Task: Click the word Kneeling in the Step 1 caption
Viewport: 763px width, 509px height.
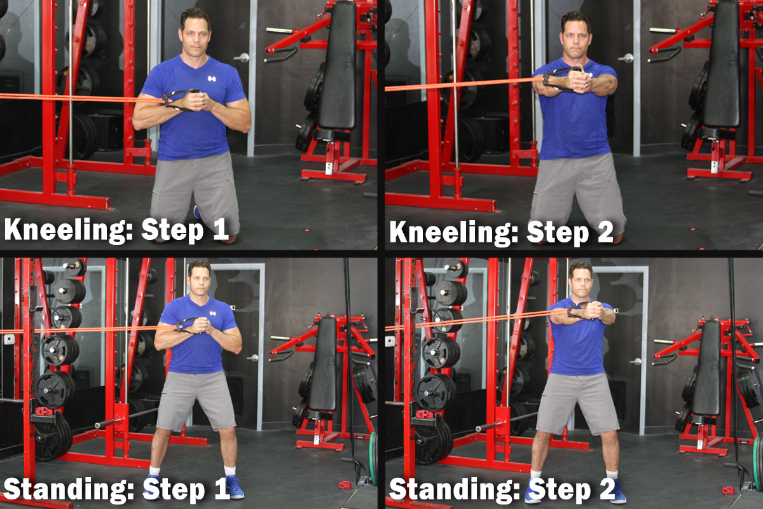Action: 68,230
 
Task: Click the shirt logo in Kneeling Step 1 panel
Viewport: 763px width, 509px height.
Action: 212,79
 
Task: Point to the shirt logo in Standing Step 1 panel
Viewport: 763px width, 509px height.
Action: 212,313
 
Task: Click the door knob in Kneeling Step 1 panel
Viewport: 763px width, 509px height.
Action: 243,57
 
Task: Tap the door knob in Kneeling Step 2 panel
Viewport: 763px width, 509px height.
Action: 627,58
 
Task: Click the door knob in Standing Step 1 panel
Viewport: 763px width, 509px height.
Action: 253,358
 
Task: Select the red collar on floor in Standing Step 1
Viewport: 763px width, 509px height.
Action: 345,484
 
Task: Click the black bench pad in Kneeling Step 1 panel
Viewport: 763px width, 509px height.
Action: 337,65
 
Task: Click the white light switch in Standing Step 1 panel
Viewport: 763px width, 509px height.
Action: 9,339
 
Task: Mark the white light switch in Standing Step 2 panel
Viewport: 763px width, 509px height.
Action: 390,341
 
